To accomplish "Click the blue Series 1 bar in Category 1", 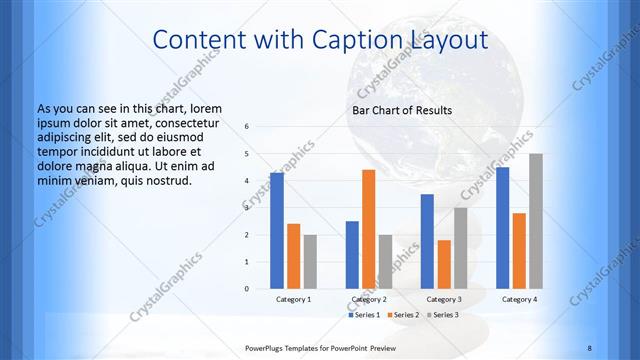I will click(277, 231).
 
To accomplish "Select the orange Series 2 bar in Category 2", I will click(368, 229).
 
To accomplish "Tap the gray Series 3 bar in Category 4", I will click(535, 221).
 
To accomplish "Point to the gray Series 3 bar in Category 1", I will click(309, 262).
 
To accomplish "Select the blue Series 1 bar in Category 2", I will click(352, 255).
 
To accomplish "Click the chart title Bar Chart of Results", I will click(401, 110).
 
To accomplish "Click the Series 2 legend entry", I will click(402, 315).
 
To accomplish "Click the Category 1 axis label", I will click(293, 299).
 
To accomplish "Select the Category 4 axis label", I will click(519, 299).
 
